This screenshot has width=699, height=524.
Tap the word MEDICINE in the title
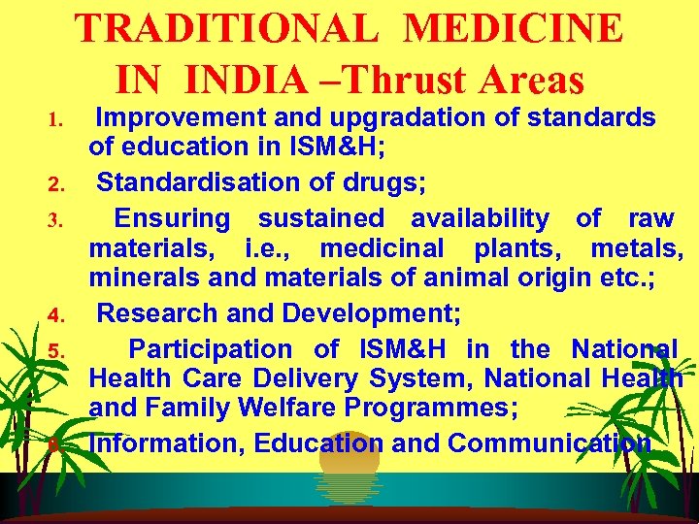514,28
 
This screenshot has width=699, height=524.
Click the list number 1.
56,121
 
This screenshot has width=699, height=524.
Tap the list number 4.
56,315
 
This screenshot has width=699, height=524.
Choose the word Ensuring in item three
172,217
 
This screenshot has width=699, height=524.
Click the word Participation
210,348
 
